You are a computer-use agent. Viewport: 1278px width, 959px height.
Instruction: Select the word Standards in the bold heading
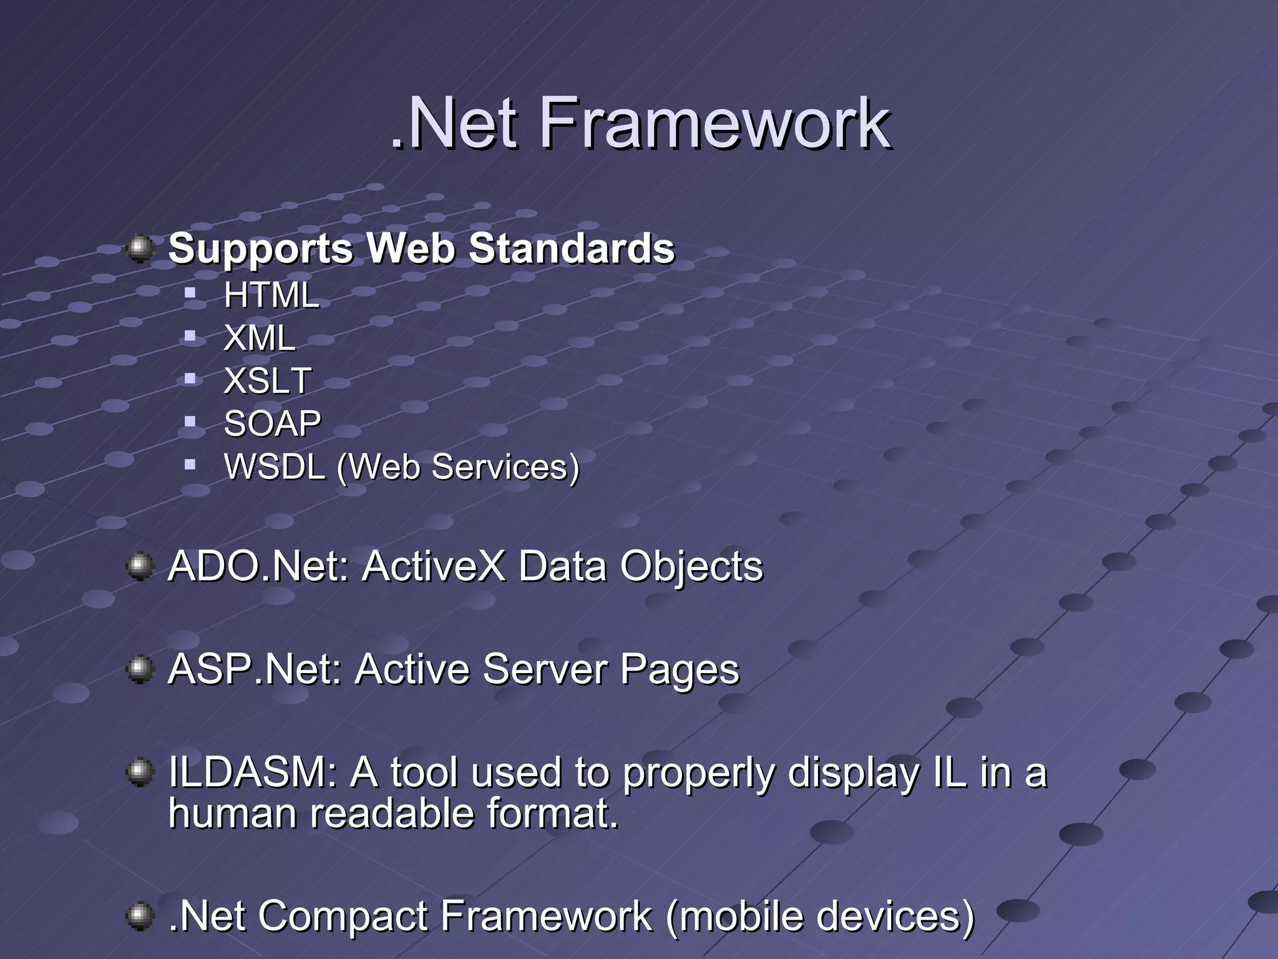[x=572, y=248]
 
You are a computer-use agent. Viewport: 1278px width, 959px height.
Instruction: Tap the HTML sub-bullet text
[x=271, y=295]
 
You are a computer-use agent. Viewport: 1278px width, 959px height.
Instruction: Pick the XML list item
[x=259, y=338]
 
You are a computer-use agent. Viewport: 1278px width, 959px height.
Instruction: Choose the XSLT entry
[x=267, y=380]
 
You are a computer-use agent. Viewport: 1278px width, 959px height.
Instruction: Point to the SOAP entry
[x=272, y=423]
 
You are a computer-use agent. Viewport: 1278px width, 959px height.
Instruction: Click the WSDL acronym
[x=275, y=466]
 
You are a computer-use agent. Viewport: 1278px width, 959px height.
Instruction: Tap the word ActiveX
[x=433, y=566]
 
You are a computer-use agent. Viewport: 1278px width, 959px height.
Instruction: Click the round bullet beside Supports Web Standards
[x=140, y=249]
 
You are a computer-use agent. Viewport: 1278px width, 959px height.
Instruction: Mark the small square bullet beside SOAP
[x=190, y=421]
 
